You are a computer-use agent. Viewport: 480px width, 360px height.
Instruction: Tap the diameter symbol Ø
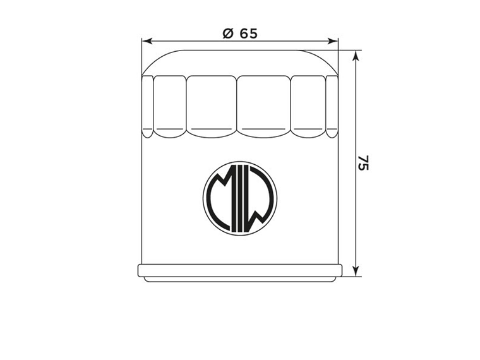click(x=228, y=34)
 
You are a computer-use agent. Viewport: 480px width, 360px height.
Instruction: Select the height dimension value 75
click(x=363, y=162)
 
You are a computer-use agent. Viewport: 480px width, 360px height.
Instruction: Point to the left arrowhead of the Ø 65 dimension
click(x=147, y=42)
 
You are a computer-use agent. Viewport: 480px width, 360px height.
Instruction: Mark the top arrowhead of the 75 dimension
click(x=356, y=56)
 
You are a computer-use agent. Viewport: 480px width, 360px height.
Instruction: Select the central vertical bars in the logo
click(x=240, y=198)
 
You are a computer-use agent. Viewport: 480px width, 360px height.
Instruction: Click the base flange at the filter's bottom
click(x=240, y=271)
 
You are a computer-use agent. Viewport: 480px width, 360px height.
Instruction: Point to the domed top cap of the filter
click(x=240, y=62)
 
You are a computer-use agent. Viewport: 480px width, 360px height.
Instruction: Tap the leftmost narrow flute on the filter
click(x=147, y=105)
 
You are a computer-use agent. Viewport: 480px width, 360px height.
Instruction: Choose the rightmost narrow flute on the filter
click(x=332, y=105)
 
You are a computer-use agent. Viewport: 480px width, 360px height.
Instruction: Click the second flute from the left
click(x=170, y=105)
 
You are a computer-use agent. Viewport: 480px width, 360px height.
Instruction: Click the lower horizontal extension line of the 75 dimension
click(x=351, y=276)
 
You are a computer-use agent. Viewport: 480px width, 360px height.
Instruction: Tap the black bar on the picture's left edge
click(x=30, y=180)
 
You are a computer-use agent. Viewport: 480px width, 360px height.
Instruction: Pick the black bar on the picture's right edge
click(x=450, y=180)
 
